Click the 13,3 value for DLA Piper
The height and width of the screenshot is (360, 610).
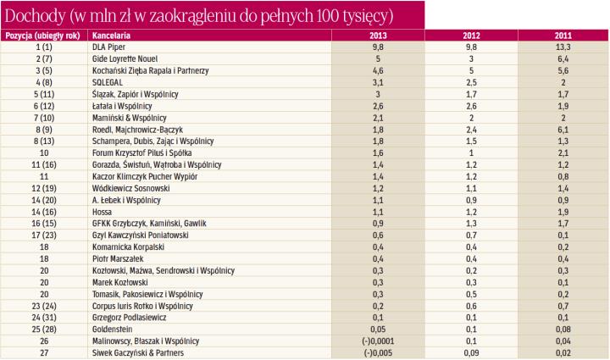click(562, 48)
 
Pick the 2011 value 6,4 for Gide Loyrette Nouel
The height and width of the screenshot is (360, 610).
click(562, 60)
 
